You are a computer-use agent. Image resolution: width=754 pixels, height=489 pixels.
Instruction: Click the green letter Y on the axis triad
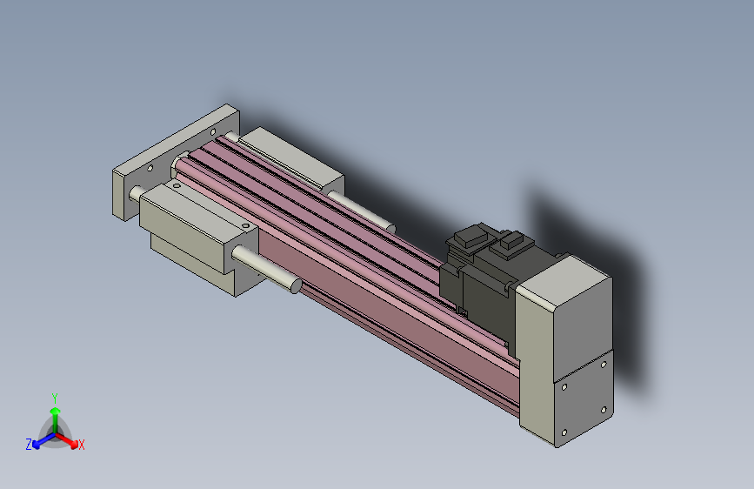54,397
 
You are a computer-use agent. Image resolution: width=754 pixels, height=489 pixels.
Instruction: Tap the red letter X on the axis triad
82,445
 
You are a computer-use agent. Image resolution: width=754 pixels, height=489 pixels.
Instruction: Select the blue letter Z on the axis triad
29,444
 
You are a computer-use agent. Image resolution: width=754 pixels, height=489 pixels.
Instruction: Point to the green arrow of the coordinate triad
54,413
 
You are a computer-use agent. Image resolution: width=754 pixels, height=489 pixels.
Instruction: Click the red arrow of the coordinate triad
70,439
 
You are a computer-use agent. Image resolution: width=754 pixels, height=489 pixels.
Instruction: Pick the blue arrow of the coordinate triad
40,440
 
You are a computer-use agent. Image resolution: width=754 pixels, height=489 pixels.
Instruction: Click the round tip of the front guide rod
296,286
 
